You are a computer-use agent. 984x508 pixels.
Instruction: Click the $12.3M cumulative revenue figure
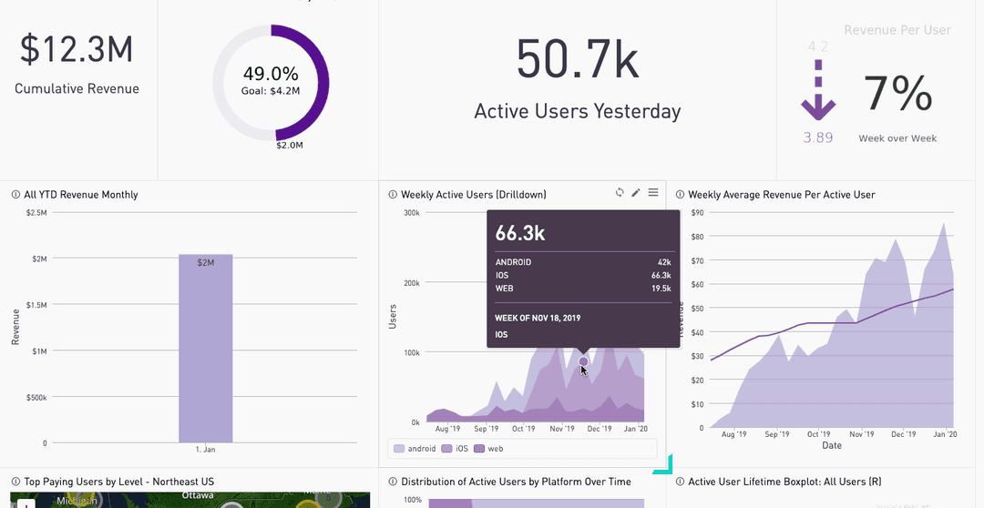click(x=77, y=50)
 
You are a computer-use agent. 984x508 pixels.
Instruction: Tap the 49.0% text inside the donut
click(x=271, y=74)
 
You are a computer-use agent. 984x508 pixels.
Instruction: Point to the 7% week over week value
click(x=897, y=93)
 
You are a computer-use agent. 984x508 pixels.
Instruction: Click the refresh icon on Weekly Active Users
click(x=620, y=193)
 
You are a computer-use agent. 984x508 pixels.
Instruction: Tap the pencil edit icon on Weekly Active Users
click(x=636, y=193)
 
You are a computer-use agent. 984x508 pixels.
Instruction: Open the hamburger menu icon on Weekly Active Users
click(x=653, y=193)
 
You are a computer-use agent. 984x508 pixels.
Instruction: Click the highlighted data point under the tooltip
click(x=584, y=361)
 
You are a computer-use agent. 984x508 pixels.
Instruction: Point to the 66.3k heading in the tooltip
click(x=520, y=233)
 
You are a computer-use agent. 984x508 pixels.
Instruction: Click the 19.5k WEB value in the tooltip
click(x=661, y=289)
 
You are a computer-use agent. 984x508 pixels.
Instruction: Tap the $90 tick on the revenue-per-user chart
click(x=697, y=213)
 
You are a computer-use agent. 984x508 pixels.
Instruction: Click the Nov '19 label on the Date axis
click(x=861, y=434)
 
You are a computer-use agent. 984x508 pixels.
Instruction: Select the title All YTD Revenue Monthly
click(x=80, y=195)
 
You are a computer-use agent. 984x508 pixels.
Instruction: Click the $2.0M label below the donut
click(x=291, y=146)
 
